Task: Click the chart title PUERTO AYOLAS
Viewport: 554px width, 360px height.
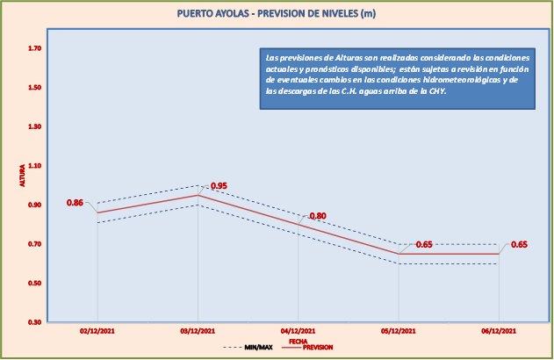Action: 277,14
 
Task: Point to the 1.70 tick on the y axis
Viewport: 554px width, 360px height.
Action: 34,48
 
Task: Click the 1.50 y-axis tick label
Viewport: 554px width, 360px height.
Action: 34,88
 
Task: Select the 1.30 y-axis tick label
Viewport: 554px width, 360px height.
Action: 34,126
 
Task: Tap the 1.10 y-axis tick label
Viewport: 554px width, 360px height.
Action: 34,166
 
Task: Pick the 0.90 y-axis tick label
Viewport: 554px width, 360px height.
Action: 34,205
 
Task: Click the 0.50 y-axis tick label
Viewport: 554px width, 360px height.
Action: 34,283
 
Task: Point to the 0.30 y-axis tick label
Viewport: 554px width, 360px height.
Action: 34,322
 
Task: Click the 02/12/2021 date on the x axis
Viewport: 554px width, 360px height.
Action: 97,331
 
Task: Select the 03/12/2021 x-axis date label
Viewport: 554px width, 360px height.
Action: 198,331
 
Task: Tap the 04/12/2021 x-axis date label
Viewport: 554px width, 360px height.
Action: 299,331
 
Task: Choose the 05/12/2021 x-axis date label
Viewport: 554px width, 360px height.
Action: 399,331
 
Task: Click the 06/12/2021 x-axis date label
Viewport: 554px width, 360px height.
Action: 499,331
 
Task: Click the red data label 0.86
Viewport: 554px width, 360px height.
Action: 75,203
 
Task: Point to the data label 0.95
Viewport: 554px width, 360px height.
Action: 219,186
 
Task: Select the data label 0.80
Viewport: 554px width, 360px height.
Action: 318,216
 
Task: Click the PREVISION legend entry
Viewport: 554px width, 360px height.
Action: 317,348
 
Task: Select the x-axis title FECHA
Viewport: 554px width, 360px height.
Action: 299,341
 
